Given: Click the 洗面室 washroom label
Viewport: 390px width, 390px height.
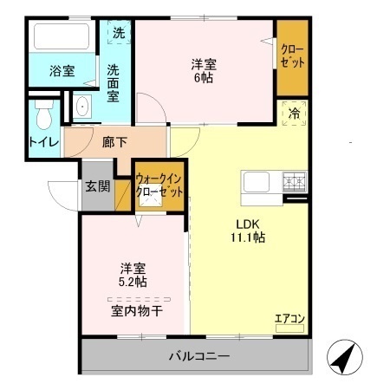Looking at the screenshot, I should (114, 82).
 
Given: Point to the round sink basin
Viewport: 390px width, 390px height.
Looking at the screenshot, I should (82, 107).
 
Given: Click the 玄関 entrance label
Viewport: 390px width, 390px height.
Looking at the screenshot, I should (97, 185).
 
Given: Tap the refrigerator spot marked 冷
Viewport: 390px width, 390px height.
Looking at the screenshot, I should (294, 112).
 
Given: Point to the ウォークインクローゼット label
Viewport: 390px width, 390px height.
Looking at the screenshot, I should (159, 185).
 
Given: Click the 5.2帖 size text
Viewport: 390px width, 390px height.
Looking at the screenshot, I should (133, 282).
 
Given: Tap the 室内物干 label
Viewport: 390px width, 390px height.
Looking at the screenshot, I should (133, 310).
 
